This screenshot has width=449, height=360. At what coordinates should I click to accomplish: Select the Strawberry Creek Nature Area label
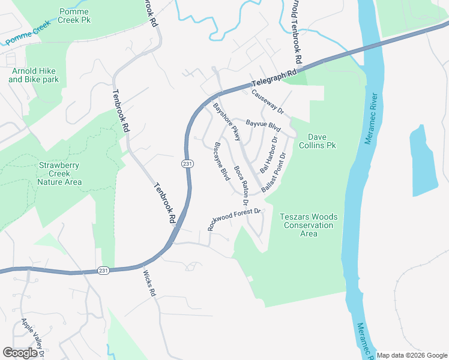(x=59, y=173)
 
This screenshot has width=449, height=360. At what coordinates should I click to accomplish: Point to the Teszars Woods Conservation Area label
(x=309, y=225)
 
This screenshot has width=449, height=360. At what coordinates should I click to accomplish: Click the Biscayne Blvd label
(x=221, y=161)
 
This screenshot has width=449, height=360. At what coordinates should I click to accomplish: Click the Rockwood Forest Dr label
(x=234, y=219)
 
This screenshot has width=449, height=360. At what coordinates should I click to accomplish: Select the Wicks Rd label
(x=149, y=284)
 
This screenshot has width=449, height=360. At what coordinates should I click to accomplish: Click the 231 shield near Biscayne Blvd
(x=187, y=163)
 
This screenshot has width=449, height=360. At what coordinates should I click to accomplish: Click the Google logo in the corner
(x=20, y=352)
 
